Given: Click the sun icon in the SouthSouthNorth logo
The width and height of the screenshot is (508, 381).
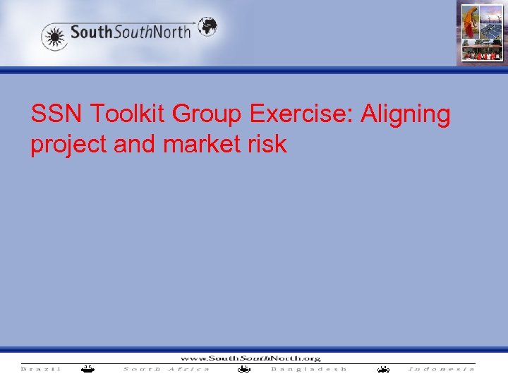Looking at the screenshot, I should click(x=54, y=35).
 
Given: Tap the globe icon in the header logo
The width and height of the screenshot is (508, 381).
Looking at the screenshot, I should click(x=207, y=27).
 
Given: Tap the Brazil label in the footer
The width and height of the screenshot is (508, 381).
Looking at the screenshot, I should click(x=41, y=368).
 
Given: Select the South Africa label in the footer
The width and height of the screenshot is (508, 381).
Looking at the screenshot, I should click(x=167, y=368).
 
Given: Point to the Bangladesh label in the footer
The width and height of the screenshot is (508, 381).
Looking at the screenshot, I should click(x=309, y=368).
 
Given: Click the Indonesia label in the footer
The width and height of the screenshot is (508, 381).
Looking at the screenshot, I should click(x=441, y=368).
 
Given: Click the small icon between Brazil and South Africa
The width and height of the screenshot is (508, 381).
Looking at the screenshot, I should click(x=86, y=368).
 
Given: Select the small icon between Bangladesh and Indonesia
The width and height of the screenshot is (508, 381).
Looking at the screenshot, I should click(x=383, y=368).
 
